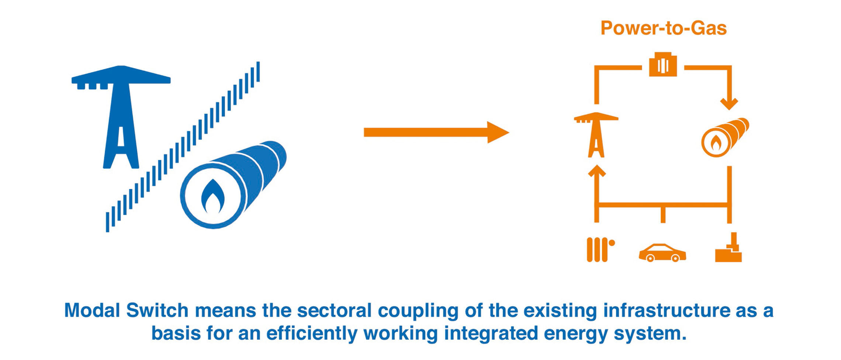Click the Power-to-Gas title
pyautogui.click(x=664, y=28)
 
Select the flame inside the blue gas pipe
pyautogui.click(x=213, y=196)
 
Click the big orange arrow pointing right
pyautogui.click(x=436, y=132)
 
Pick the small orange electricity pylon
pyautogui.click(x=596, y=135)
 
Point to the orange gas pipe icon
pyautogui.click(x=725, y=137)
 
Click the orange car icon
pyautogui.click(x=662, y=253)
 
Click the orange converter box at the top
pyautogui.click(x=663, y=64)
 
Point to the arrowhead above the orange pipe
pyautogui.click(x=729, y=104)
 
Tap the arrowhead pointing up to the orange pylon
pyautogui.click(x=596, y=171)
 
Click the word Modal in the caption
pyautogui.click(x=92, y=310)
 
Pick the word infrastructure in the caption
pyautogui.click(x=667, y=310)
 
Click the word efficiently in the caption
pyautogui.click(x=312, y=333)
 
